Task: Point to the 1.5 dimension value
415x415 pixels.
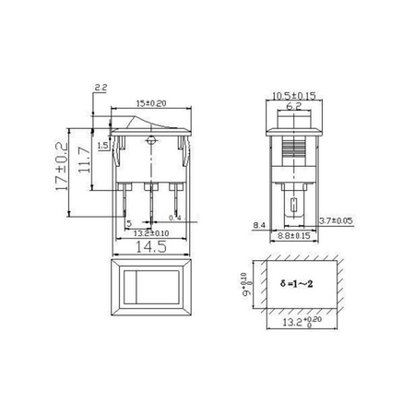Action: point(102,146)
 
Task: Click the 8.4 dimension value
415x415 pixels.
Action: point(255,224)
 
